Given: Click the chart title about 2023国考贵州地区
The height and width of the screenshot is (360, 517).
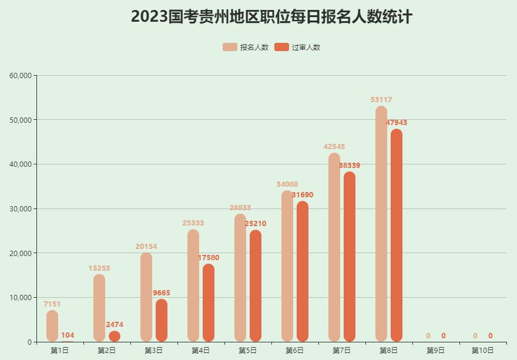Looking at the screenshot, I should coord(271,16).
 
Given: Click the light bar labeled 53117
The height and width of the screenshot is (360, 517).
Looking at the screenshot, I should coord(381,223).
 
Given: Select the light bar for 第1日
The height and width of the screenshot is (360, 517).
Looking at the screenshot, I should coord(52,326).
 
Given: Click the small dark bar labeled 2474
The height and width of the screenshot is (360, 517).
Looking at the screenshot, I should coord(115,337).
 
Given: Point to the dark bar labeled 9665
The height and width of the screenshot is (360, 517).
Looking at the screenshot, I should coord(162,320).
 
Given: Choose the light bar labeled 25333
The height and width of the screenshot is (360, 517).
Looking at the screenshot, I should coord(193,285).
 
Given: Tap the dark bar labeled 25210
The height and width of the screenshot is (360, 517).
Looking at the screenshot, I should coord(256,285).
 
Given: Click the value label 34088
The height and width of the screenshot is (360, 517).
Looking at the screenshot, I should coord(287,184).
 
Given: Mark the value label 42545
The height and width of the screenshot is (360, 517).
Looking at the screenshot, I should coord(334,147).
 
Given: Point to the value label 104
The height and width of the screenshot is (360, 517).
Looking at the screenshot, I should coord(68,335).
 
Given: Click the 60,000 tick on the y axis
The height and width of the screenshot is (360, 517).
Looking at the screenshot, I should coord(21,75).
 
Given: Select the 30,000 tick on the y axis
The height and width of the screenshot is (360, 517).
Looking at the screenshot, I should coord(21,208).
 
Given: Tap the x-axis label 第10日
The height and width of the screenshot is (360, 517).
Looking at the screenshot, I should coord(483,351).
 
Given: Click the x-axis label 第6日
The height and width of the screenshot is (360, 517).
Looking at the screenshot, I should coord(295,351).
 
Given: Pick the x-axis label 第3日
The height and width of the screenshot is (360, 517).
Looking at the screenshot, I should coord(154,351).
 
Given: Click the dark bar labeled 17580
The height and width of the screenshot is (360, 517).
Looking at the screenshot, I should coord(209,302).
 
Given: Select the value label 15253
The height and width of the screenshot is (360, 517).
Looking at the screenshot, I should coord(99,268).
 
